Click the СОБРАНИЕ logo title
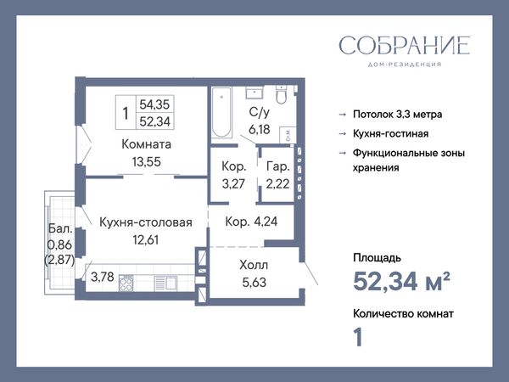(405, 45)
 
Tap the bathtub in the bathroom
(221, 112)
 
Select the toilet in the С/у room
(281, 94)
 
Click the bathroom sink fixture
(255, 93)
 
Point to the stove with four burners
(126, 283)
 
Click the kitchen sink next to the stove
(165, 283)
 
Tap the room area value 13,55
(147, 162)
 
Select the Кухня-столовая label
(146, 222)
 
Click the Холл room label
(254, 265)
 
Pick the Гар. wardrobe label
(278, 166)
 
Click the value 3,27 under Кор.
(233, 184)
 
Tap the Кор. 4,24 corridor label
(251, 222)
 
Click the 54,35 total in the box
(154, 104)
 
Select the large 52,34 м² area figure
(401, 281)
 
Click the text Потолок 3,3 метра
(398, 115)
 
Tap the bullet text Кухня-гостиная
(391, 133)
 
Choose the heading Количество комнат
(403, 314)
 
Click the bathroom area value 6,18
(260, 129)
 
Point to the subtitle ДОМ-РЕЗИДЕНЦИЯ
(405, 65)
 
